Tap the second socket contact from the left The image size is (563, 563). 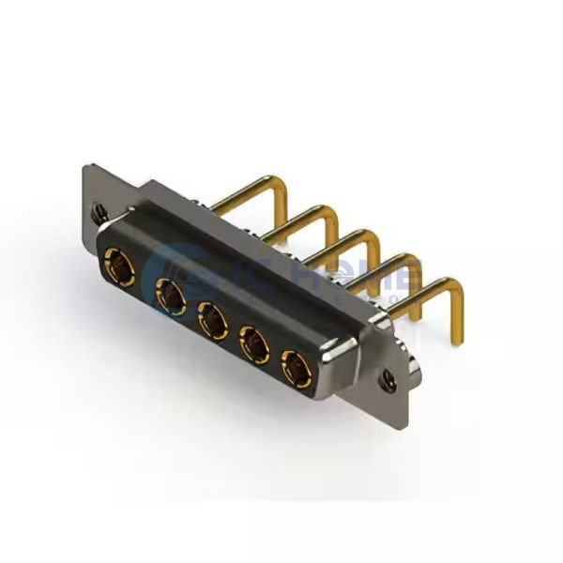pos(171,296)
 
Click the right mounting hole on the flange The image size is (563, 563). pos(387,381)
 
